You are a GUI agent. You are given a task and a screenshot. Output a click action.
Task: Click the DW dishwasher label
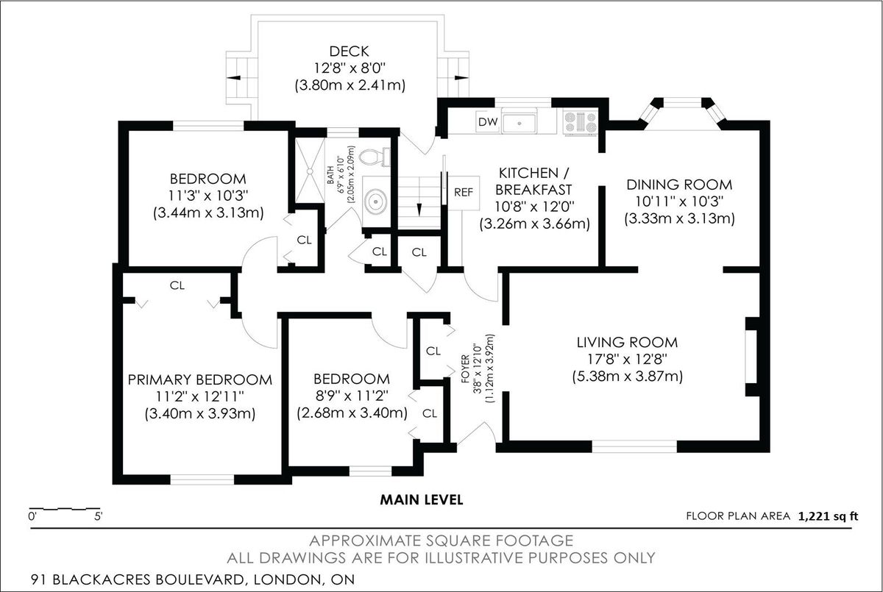tap(488, 121)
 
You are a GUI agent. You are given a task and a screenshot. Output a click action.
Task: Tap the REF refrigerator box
tap(464, 193)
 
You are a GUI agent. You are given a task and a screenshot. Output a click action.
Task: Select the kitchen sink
tap(519, 124)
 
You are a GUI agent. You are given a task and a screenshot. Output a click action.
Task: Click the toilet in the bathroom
tap(375, 157)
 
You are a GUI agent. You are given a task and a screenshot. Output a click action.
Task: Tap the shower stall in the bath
tap(310, 171)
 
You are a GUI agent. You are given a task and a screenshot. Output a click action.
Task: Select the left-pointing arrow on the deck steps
tap(233, 78)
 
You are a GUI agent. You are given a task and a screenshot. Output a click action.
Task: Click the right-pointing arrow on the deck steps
tap(461, 78)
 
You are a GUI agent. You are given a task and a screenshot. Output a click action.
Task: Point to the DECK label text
tap(350, 51)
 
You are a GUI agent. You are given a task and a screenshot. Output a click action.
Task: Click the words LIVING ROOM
tap(627, 342)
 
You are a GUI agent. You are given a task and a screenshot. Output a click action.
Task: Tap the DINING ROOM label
tap(679, 185)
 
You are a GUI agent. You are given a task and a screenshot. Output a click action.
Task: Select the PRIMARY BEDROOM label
tap(200, 379)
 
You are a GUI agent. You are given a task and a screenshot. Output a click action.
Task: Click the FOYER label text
tap(466, 368)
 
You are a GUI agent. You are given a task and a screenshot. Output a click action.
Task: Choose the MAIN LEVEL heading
tap(422, 500)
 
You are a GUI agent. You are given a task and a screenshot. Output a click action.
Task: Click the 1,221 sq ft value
tap(829, 516)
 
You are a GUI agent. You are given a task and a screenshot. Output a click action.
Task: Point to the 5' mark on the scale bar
tap(98, 516)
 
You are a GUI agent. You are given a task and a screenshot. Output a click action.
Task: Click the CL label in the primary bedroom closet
tap(177, 285)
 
